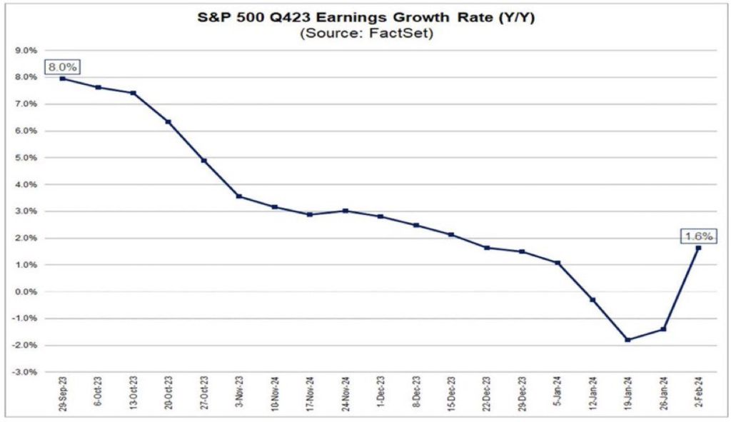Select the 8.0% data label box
(62, 67)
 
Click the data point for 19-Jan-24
(627, 340)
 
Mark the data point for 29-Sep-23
(63, 78)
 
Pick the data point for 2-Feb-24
(697, 248)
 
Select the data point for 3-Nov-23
(239, 196)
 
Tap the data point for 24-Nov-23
(345, 211)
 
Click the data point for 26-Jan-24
(663, 329)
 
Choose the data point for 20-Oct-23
(168, 121)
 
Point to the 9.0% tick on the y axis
(27, 51)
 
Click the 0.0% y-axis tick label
(27, 292)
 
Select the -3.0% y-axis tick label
(26, 372)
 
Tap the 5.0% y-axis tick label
(27, 158)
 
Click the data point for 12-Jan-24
(592, 300)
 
